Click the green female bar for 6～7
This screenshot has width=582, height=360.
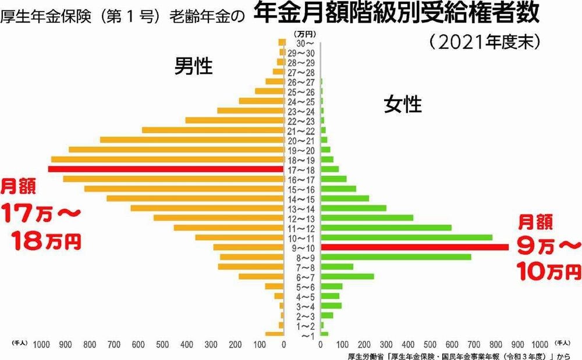[347, 276]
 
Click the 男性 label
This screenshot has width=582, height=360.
[194, 67]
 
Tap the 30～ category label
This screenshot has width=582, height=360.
[304, 43]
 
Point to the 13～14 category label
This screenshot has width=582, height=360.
[303, 208]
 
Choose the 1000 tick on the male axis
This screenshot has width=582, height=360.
[41, 345]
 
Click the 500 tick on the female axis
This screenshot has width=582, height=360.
[430, 345]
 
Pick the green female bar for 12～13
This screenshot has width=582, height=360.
[367, 218]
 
